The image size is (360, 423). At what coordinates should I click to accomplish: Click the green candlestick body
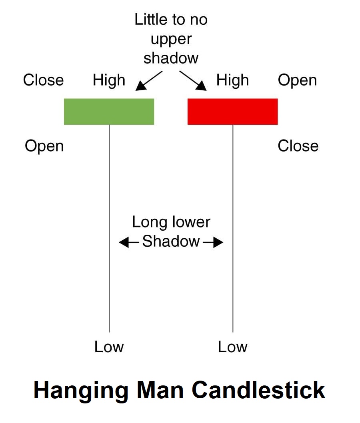(109, 112)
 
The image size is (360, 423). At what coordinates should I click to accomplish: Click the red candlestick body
(232, 112)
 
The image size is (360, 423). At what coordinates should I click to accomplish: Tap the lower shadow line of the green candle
(109, 228)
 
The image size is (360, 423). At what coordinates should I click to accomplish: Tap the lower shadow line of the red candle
(233, 228)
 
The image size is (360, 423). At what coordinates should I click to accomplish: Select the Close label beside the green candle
(43, 80)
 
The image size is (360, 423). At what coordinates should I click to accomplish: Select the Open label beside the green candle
(44, 146)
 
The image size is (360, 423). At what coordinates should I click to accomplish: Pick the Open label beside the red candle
(297, 80)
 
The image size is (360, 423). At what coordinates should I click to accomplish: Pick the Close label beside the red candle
(298, 146)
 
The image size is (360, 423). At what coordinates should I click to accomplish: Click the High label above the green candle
(109, 80)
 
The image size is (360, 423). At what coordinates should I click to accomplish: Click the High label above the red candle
(232, 80)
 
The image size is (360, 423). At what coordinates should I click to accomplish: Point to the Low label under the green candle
(109, 347)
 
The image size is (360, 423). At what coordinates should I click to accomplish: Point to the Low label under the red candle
(232, 347)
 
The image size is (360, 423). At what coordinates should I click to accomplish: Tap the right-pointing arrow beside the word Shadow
(213, 242)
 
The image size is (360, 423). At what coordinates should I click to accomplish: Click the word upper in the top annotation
(171, 40)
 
